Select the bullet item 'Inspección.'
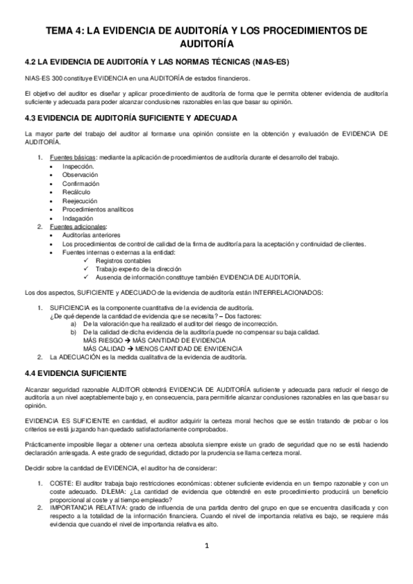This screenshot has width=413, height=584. coord(79,167)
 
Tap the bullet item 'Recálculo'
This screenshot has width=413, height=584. coord(77,192)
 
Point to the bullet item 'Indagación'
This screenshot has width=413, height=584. coord(79,218)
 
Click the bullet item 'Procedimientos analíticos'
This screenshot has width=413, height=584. coord(98,209)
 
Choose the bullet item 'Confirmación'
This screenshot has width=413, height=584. coord(81,184)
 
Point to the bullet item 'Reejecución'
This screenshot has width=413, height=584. coord(80,200)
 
